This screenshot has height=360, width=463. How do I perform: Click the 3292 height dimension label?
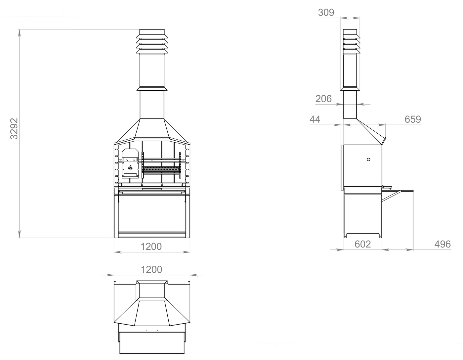point(14,129)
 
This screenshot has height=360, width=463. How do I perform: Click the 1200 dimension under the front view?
point(151,247)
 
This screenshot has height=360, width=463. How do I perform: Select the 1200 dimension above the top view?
point(151,270)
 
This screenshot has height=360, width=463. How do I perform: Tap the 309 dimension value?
point(326,13)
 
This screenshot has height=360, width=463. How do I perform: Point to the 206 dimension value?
point(323,99)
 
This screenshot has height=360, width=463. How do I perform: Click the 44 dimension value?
point(315,119)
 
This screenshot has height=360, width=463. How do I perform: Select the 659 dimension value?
point(413,119)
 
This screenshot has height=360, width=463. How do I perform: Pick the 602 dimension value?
point(363,244)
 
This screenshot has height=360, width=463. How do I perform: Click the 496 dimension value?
point(442,244)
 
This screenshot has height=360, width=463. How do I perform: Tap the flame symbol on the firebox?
point(130,167)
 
